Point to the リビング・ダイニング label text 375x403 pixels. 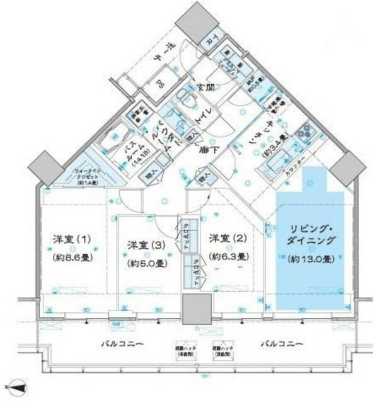click(x=310, y=234)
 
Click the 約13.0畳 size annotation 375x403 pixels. click(x=309, y=259)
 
